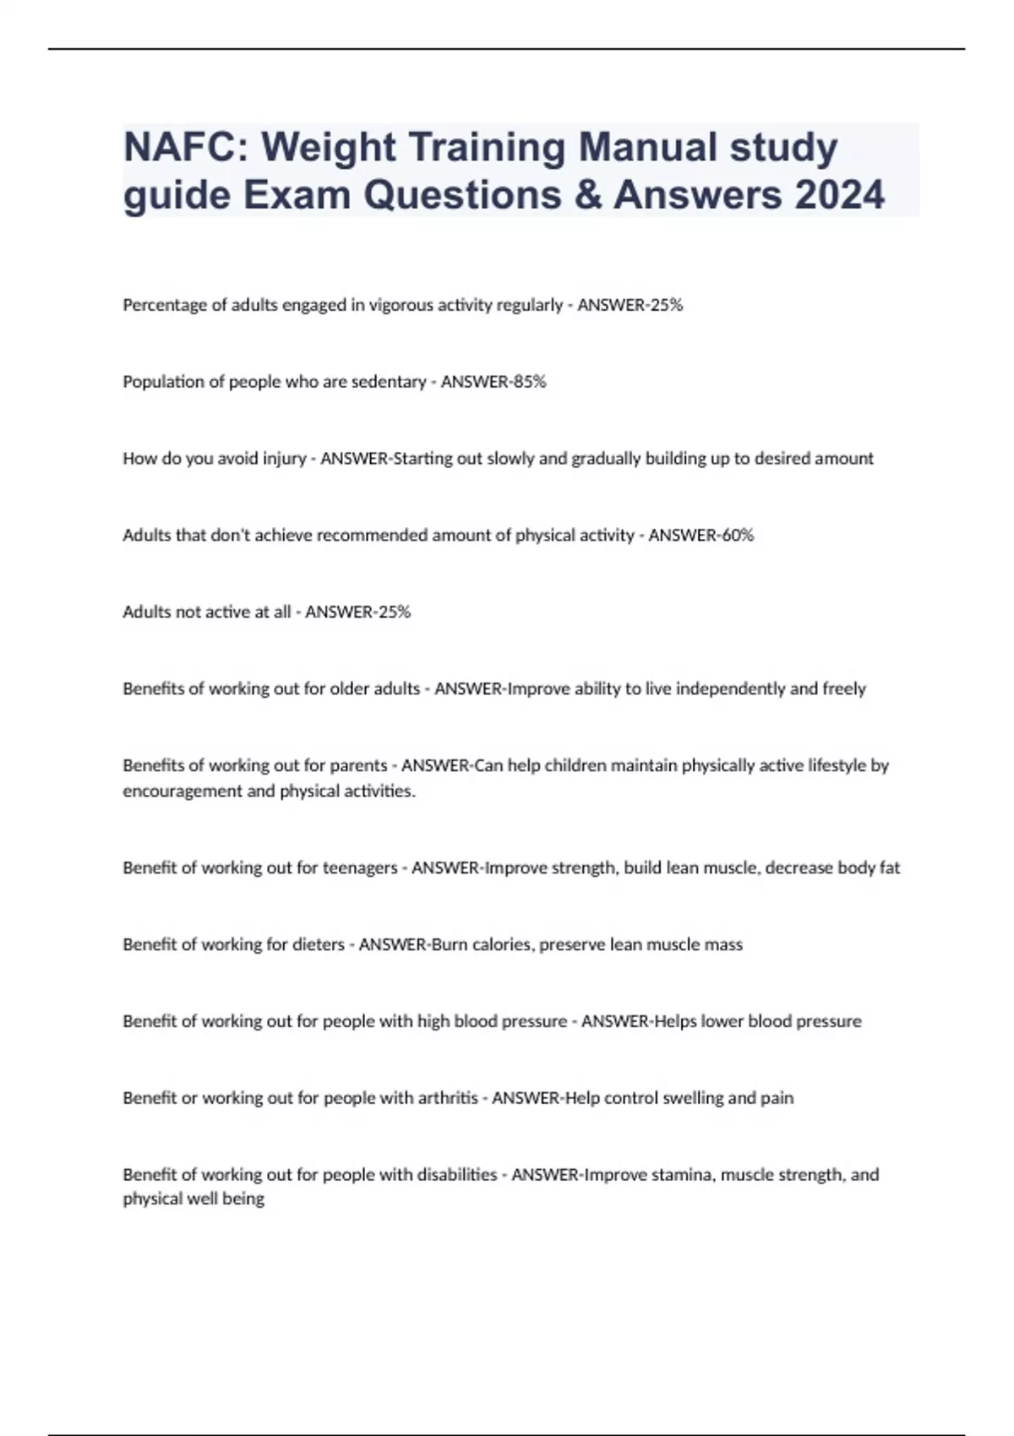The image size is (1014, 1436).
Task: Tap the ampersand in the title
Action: [x=584, y=195]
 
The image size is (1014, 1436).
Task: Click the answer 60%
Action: [x=736, y=536]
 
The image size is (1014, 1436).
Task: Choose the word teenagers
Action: [x=360, y=868]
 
